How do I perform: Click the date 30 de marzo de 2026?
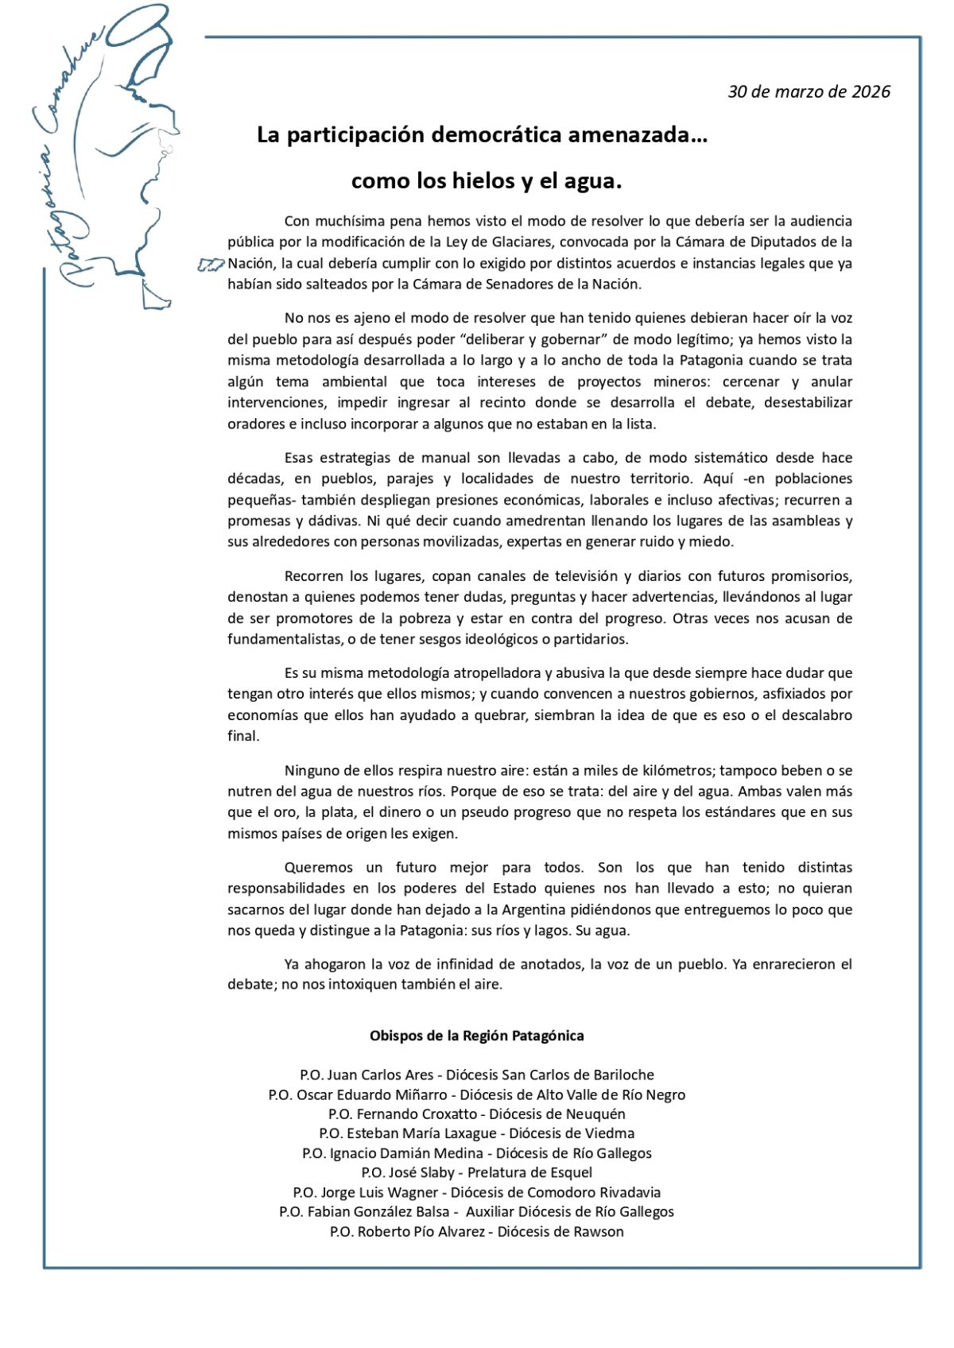point(809,91)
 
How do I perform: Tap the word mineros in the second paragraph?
point(677,382)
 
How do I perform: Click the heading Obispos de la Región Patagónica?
point(477,1036)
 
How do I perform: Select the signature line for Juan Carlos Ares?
point(477,1075)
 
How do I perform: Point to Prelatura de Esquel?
point(529,1172)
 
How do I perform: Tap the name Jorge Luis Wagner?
point(379,1192)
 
